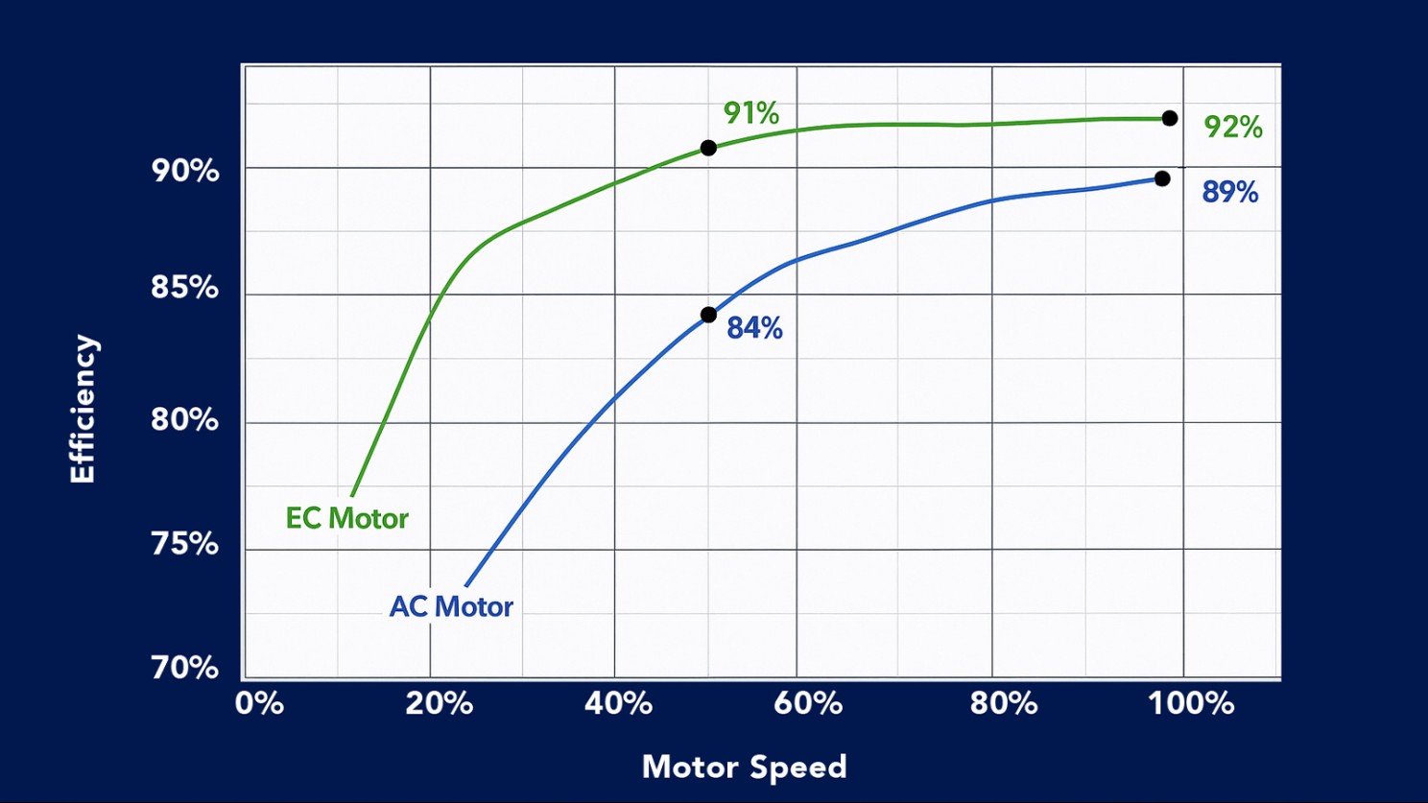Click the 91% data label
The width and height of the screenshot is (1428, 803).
click(750, 113)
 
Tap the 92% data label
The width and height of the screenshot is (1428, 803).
click(1232, 127)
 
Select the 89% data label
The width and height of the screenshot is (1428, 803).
click(1229, 192)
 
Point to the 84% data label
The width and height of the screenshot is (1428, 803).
click(754, 328)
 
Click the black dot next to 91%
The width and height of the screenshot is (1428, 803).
click(708, 148)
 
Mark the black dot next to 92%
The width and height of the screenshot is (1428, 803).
click(1169, 118)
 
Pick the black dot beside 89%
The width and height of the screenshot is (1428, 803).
click(1162, 178)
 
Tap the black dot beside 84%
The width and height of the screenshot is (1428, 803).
click(708, 315)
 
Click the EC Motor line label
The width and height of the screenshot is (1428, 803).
click(346, 519)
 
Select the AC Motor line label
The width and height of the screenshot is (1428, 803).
click(451, 606)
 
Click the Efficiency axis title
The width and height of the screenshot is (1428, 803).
click(83, 409)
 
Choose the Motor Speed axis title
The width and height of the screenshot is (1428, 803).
click(744, 767)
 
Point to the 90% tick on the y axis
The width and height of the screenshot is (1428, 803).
click(185, 171)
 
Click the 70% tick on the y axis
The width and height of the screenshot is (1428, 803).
click(185, 667)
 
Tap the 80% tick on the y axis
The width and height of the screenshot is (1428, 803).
click(185, 419)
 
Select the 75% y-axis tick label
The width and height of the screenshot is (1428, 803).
click(185, 544)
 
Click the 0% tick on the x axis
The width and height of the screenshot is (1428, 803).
click(259, 703)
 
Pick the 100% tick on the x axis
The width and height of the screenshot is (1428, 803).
click(1191, 703)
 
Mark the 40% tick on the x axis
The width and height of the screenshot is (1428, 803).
click(619, 703)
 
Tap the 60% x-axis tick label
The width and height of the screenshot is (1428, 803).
click(808, 703)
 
